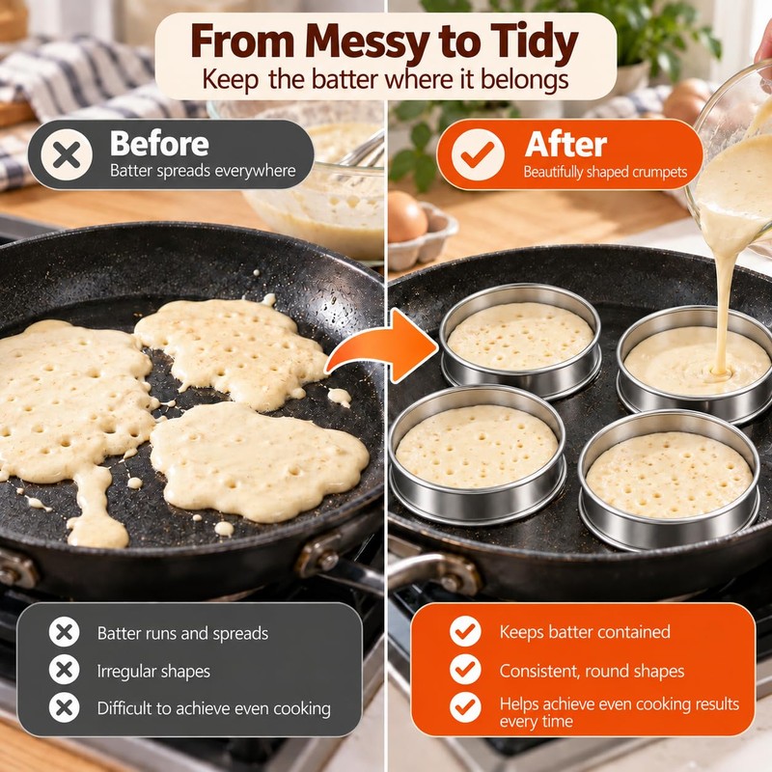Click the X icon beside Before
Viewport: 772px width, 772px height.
coord(67,154)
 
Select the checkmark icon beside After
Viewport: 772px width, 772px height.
coord(477,154)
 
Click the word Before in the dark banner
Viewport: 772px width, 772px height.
coord(159,143)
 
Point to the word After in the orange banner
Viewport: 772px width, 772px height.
coord(565,144)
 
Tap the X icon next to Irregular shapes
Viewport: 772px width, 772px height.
coord(64,670)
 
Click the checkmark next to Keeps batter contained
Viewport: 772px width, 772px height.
coord(465,631)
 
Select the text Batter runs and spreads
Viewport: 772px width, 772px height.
coord(182,633)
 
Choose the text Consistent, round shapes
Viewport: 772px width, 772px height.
coord(592,671)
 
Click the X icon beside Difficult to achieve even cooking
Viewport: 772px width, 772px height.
coord(64,707)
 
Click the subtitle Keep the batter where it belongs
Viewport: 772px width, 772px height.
coord(385,80)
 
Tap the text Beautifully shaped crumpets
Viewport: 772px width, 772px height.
coord(605,172)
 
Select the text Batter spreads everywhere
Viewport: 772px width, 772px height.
coord(203,171)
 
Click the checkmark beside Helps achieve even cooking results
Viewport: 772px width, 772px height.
coord(465,707)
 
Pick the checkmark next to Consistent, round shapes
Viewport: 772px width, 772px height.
coord(465,670)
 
